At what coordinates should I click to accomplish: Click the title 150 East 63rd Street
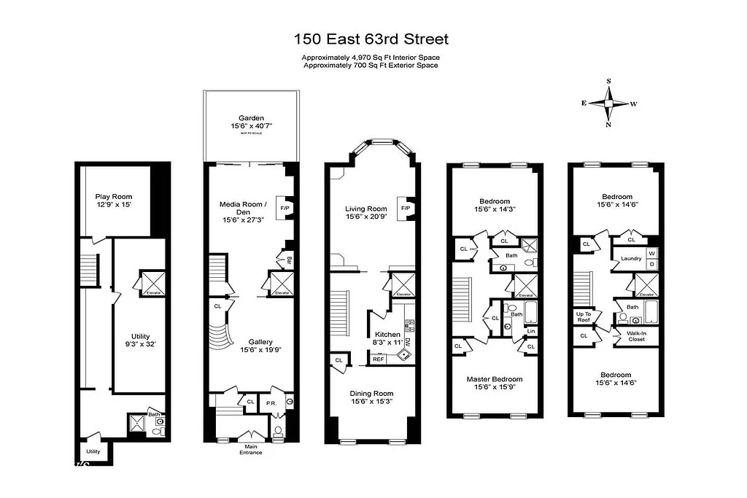click(372, 39)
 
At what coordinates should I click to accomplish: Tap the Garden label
click(251, 118)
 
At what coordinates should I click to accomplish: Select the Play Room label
click(114, 197)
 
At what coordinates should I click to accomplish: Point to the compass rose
click(608, 103)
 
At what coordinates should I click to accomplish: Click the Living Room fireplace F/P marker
click(405, 208)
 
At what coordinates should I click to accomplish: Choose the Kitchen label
click(387, 334)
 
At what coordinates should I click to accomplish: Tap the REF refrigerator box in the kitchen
click(378, 359)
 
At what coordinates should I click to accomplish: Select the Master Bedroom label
click(495, 379)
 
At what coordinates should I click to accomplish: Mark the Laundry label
click(630, 259)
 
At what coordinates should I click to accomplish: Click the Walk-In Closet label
click(632, 335)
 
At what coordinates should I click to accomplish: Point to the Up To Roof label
click(584, 317)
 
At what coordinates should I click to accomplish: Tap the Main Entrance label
click(251, 449)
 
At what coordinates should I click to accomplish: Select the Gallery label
click(260, 341)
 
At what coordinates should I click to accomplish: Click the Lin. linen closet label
click(530, 332)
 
